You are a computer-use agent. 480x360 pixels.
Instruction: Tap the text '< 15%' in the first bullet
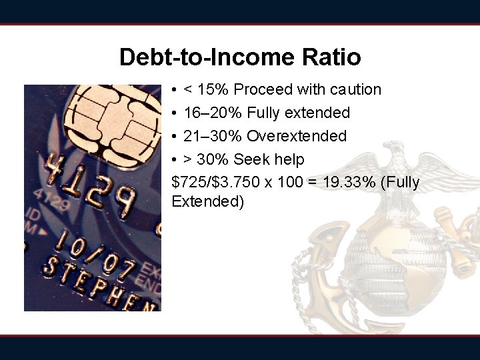coord(205,89)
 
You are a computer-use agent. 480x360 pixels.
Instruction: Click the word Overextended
coord(297,136)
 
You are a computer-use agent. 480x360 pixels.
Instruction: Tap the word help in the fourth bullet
coord(288,159)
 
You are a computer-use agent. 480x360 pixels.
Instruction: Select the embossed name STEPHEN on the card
coord(100,283)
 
